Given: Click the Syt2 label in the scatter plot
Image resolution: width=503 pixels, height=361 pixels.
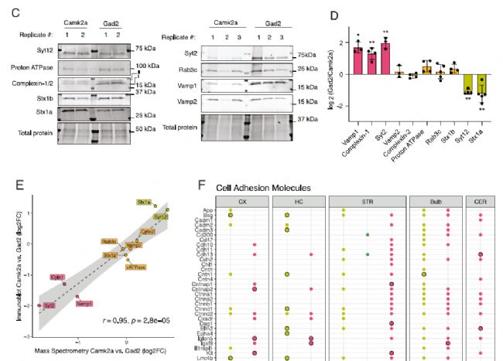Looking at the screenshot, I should click(x=48, y=305).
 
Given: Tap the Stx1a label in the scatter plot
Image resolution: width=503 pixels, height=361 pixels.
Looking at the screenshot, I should click(x=144, y=202).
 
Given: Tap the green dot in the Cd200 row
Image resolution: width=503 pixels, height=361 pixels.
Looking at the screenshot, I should click(x=368, y=234).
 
